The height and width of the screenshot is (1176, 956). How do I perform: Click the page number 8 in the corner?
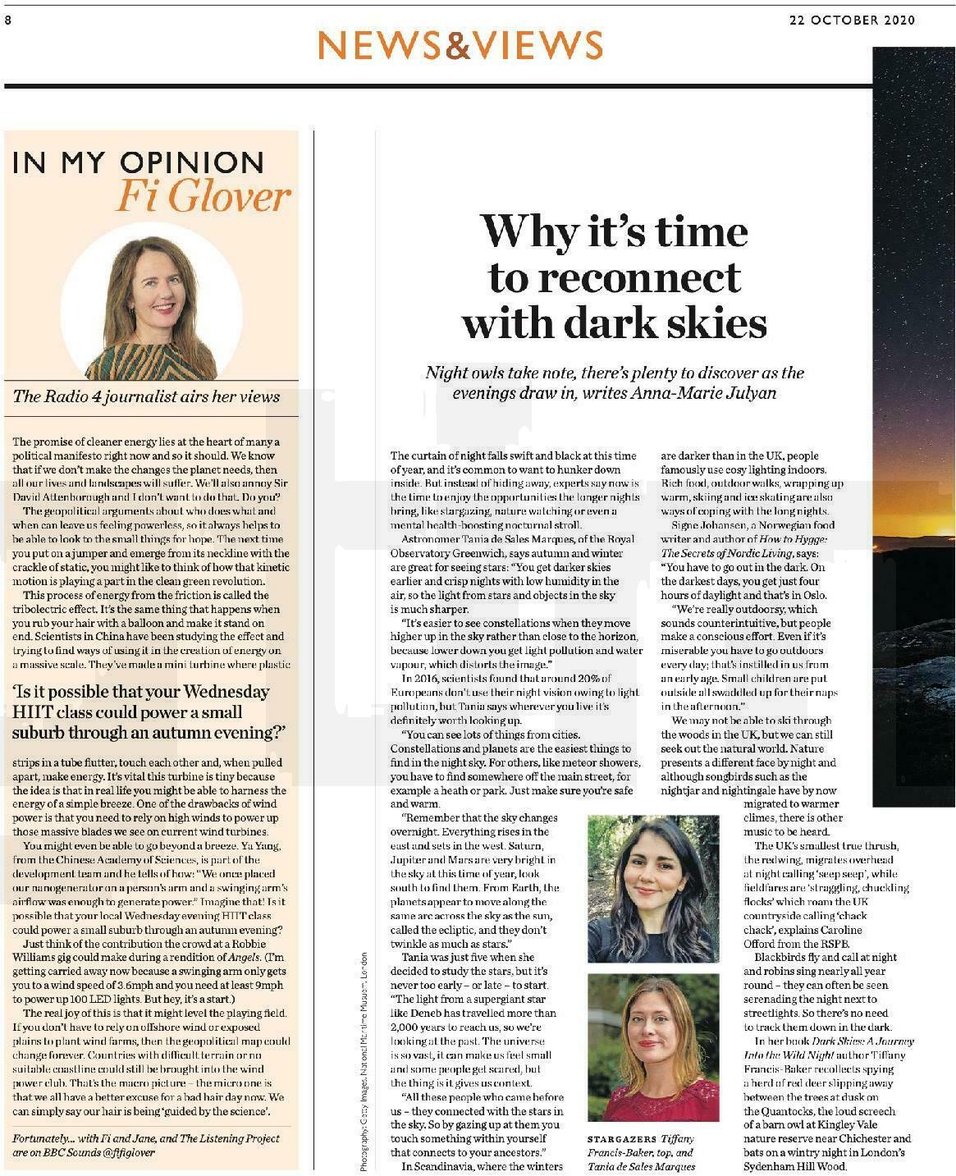tap(7, 21)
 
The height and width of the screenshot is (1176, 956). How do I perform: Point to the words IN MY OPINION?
tap(137, 162)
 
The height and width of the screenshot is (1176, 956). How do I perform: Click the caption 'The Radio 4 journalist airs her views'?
tap(146, 396)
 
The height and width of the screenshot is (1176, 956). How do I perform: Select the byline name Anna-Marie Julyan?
tap(702, 392)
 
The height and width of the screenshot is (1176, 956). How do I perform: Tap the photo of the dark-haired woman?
tap(652, 888)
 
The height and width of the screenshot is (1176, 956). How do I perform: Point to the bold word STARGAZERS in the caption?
tap(622, 1139)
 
